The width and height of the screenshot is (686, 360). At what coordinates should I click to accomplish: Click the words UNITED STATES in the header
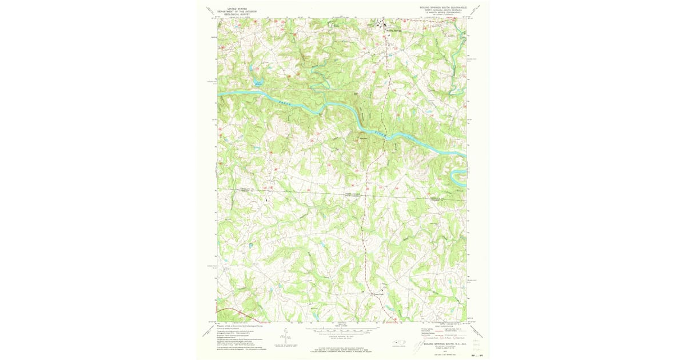pyautogui.click(x=238, y=9)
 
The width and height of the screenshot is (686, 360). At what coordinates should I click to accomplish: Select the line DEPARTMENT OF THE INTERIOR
pyautogui.click(x=238, y=12)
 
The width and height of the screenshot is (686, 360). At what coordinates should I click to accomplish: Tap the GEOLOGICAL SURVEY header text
pyautogui.click(x=238, y=15)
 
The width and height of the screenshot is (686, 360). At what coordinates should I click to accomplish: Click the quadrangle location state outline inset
pyautogui.click(x=398, y=343)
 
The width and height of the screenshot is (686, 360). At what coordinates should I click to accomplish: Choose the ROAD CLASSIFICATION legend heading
pyautogui.click(x=447, y=326)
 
